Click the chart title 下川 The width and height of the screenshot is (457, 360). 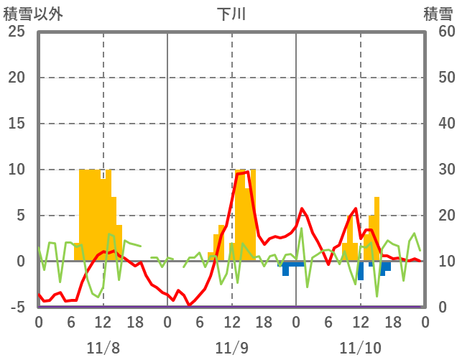tap(231, 14)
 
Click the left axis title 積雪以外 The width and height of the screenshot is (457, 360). tap(28, 14)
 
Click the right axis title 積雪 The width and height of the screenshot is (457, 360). tap(437, 14)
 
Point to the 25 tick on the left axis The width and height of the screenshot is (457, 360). tap(16, 32)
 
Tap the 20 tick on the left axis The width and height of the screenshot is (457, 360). tap(16, 78)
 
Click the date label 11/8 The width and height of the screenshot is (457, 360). tap(103, 348)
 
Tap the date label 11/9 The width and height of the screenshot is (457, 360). tap(231, 348)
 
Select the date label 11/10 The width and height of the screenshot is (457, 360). tap(361, 348)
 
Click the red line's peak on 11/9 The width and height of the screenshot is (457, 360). tap(247, 172)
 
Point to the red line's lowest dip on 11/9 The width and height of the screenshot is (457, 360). tap(190, 305)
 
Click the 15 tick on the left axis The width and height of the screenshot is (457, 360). tap(16, 124)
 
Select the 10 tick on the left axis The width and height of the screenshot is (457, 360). tap(16, 170)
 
